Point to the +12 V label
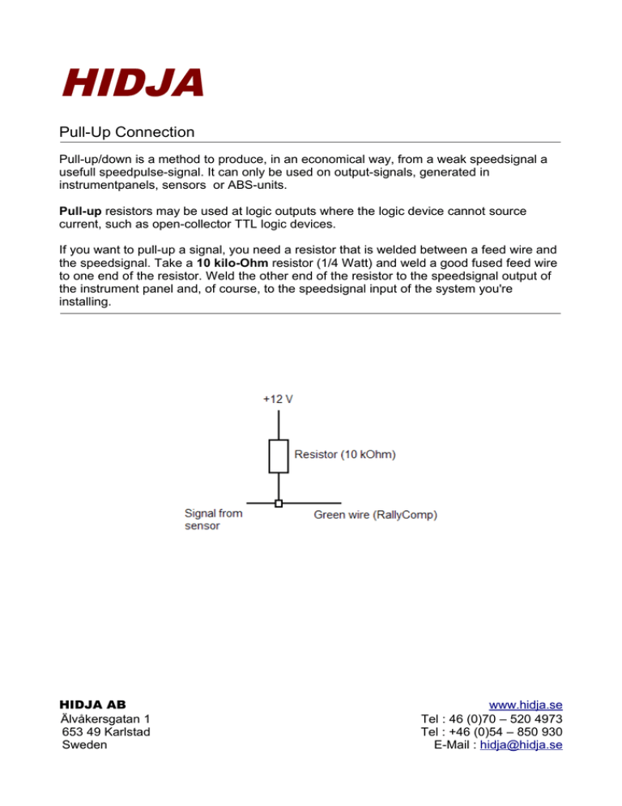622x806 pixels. (x=279, y=399)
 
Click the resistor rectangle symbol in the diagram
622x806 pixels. (x=279, y=457)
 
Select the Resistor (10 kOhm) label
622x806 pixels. (x=346, y=457)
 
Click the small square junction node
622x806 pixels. (x=279, y=504)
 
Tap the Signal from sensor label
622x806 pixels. (x=213, y=519)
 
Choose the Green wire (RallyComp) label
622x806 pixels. (x=376, y=515)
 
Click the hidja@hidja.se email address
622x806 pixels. (x=522, y=745)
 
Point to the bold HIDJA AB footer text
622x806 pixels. (x=93, y=704)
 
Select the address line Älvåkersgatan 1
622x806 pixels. (x=104, y=718)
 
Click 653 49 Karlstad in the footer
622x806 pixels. (x=105, y=732)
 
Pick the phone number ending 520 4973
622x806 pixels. (x=492, y=718)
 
